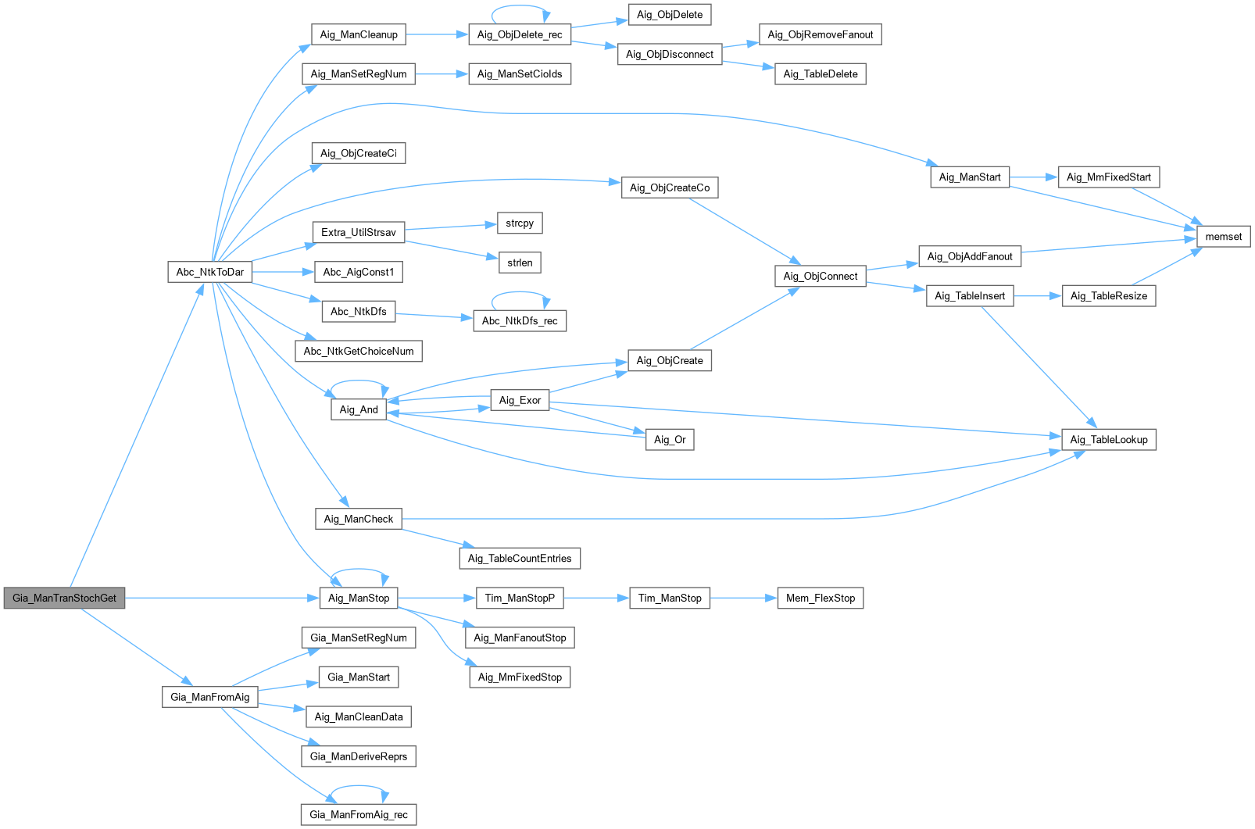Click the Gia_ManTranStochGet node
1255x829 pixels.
(x=64, y=598)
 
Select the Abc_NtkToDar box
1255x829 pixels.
(x=209, y=272)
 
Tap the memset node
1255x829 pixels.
(x=1223, y=236)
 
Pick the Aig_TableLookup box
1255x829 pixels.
(x=1108, y=439)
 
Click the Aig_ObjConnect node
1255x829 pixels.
(x=820, y=276)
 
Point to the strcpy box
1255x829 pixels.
(x=520, y=223)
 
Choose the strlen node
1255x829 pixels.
(x=520, y=263)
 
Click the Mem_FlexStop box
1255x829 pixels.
(x=820, y=598)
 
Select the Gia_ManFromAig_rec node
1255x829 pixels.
(x=359, y=814)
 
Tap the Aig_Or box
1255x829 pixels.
(x=670, y=439)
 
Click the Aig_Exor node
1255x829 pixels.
(x=520, y=400)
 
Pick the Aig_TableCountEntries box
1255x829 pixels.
(x=520, y=558)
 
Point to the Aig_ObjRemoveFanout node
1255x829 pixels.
(x=820, y=34)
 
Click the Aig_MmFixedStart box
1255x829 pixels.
(x=1108, y=177)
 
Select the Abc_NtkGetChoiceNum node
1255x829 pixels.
(x=359, y=351)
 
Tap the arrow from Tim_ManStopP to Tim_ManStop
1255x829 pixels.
(x=595, y=598)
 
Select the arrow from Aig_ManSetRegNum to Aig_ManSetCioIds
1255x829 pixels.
(x=442, y=74)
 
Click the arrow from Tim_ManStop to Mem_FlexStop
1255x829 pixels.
(x=743, y=598)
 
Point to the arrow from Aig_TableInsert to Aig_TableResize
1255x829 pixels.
(x=1038, y=295)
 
